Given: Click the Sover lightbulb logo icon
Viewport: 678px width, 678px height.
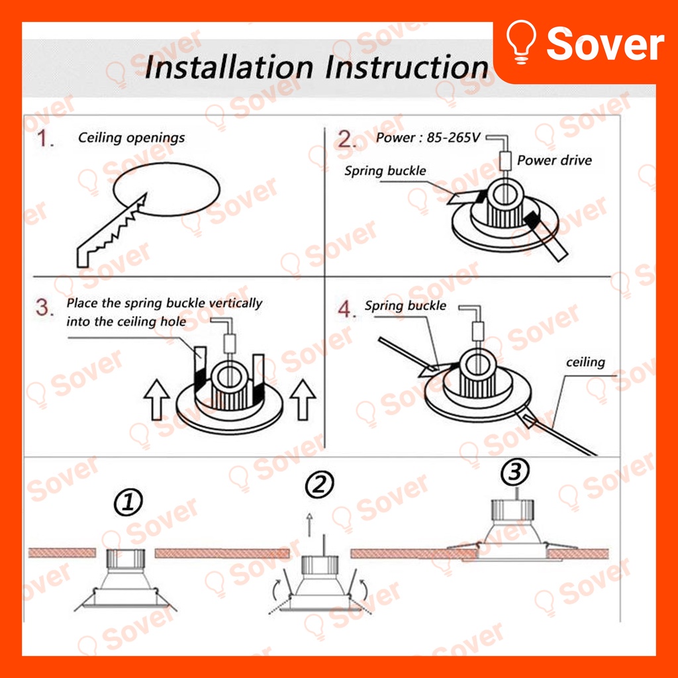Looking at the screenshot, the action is (521, 42).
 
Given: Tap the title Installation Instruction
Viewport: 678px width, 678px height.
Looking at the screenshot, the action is (316, 68).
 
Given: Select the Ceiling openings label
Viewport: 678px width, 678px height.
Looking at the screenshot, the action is (132, 138).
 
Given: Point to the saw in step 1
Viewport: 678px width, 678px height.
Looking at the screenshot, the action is (112, 230).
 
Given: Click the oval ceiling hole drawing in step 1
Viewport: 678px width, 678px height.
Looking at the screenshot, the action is (167, 189).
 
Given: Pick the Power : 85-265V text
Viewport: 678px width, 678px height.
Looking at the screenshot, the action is (428, 138).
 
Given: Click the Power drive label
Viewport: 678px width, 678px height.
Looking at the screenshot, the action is (554, 160).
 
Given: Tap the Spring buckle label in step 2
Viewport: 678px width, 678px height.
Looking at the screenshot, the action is (385, 171).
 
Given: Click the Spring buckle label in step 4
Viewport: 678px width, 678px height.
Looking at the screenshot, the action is (405, 306).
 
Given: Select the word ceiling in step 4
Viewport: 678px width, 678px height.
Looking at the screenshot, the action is (585, 362).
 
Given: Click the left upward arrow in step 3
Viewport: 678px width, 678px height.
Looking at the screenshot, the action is (156, 399).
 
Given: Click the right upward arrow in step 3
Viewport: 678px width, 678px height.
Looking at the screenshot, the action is (303, 399).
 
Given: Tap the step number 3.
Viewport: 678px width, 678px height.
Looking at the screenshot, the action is (44, 307).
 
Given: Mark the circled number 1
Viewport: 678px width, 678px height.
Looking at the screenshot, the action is (128, 502).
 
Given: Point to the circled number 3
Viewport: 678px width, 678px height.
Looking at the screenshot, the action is (514, 471).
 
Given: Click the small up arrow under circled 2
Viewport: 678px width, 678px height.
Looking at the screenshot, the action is (309, 524).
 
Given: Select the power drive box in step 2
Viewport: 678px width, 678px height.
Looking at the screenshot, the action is (505, 161).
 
